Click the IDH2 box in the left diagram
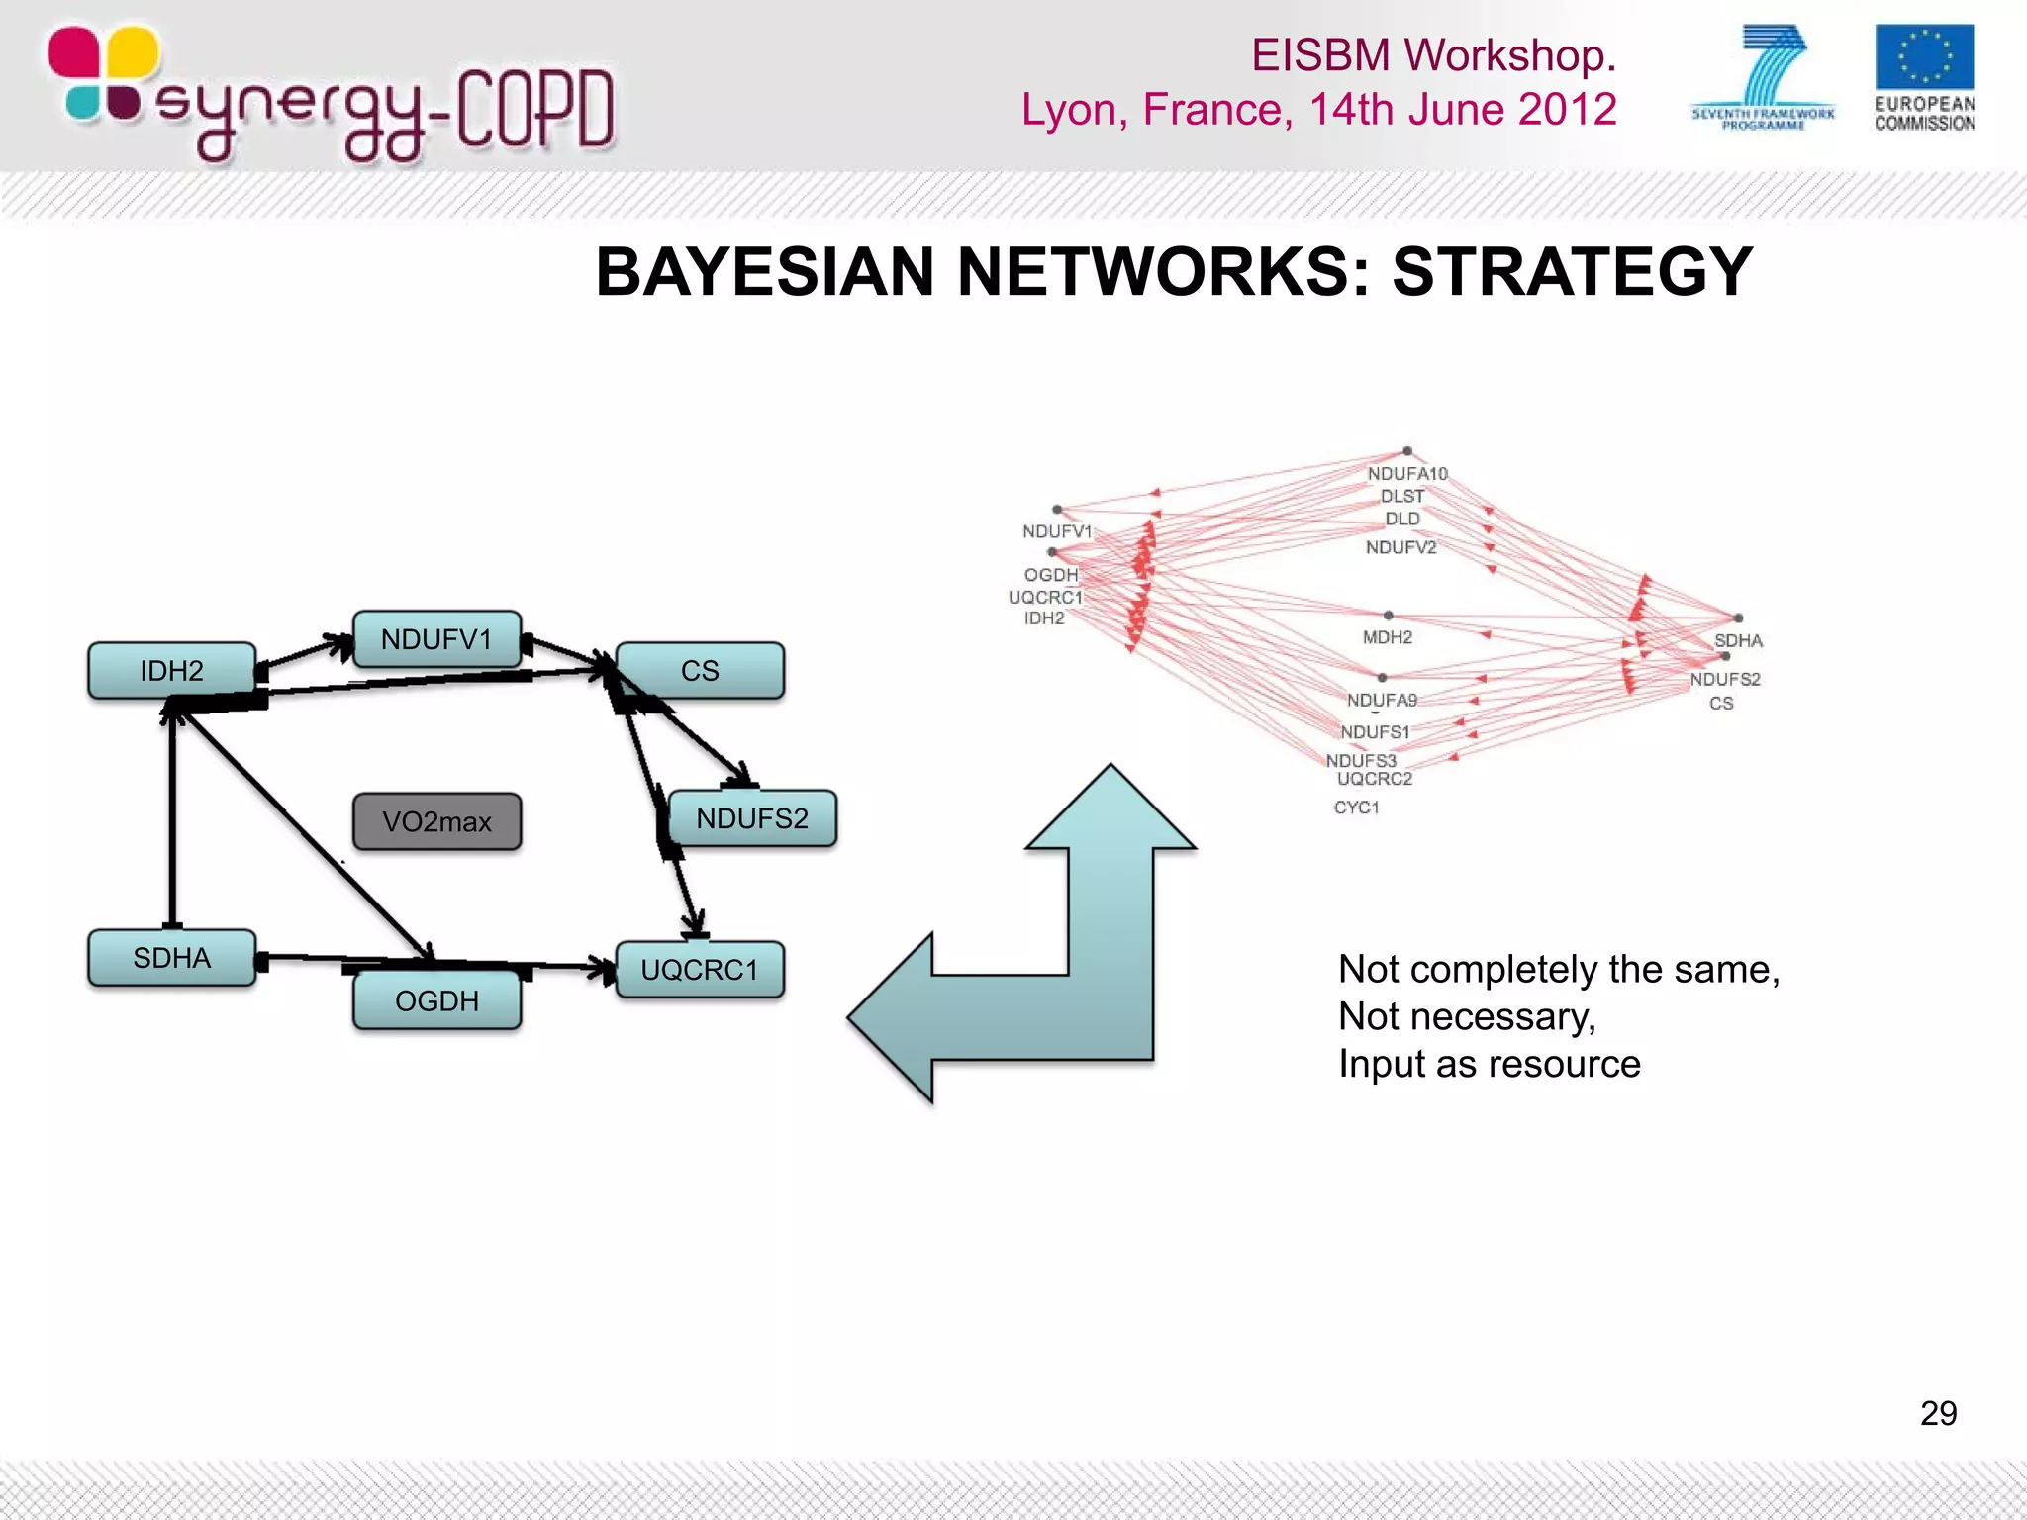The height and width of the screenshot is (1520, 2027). [x=171, y=671]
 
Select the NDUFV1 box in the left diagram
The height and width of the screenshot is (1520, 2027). [x=436, y=639]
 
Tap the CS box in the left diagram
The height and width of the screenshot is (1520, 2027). [x=700, y=671]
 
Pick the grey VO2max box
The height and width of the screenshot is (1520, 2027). [x=436, y=821]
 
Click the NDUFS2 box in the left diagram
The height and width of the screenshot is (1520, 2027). [x=752, y=818]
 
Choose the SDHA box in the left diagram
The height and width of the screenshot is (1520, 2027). [x=171, y=958]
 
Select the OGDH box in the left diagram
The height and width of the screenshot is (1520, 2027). [x=436, y=1000]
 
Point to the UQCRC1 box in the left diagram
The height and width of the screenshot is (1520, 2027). [x=700, y=970]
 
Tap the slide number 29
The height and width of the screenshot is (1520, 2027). [x=1938, y=1413]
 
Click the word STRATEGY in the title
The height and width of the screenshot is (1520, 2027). [x=1572, y=272]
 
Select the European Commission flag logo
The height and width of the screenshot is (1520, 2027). [x=1924, y=57]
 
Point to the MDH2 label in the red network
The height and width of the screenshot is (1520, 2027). [x=1388, y=637]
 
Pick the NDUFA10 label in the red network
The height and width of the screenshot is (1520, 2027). [x=1407, y=474]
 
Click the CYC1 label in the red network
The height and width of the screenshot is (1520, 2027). [x=1356, y=807]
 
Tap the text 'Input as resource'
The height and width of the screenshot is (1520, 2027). [x=1489, y=1064]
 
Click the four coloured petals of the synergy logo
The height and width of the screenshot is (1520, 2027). [x=103, y=75]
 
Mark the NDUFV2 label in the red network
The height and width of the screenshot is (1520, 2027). [x=1400, y=547]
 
